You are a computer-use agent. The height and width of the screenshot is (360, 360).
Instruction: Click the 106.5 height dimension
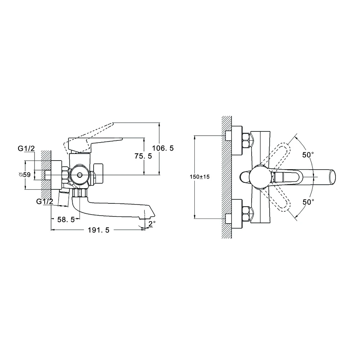(x=163, y=148)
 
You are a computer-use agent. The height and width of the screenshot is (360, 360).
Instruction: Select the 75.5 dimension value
(x=143, y=156)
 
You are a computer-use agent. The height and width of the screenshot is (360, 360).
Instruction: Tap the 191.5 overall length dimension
(x=99, y=230)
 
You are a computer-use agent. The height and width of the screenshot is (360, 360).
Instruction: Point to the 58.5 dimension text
(x=66, y=220)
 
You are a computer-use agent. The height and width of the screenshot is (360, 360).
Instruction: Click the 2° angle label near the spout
(x=152, y=223)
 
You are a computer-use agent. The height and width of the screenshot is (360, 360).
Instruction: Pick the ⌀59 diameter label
(x=24, y=175)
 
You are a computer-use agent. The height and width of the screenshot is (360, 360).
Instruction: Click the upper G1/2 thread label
(x=26, y=149)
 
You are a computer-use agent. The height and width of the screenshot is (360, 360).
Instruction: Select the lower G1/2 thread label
(x=45, y=201)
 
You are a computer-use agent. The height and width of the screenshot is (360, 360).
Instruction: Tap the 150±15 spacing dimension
(x=199, y=177)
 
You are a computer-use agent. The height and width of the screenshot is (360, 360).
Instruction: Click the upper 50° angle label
(x=308, y=155)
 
